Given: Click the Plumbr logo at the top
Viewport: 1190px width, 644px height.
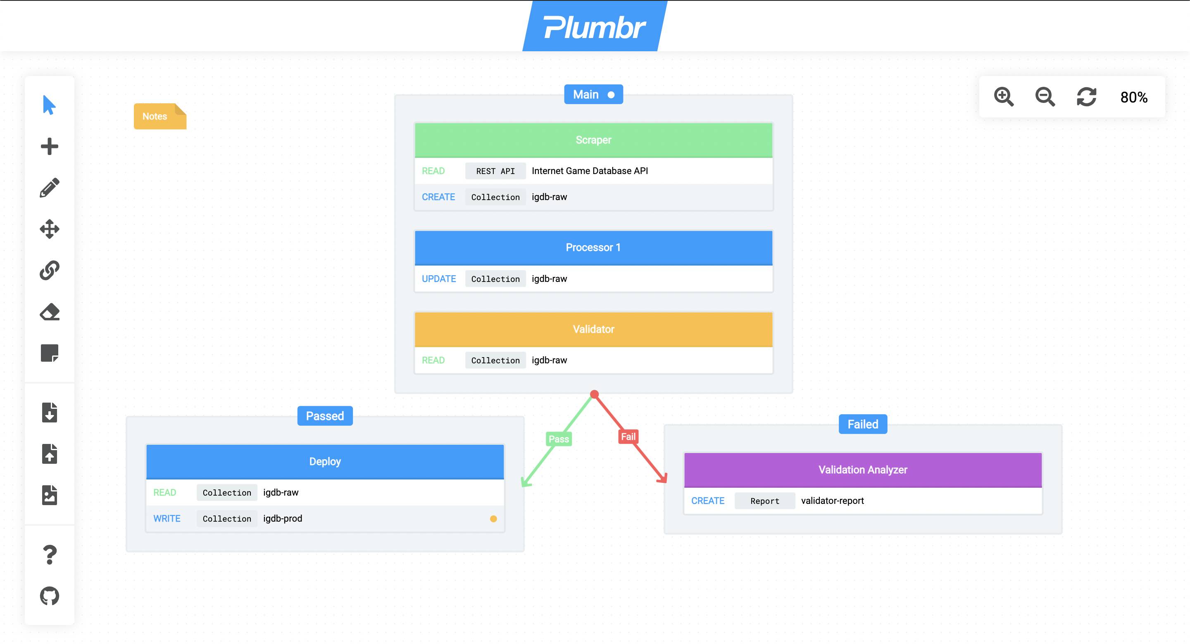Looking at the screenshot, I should tap(594, 27).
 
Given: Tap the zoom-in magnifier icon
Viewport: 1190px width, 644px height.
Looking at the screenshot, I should tap(1003, 97).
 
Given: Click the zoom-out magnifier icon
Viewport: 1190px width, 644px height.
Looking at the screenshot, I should tap(1045, 97).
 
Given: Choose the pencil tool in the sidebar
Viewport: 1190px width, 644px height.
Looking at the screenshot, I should tap(50, 188).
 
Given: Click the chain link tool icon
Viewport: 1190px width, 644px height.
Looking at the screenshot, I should tap(50, 270).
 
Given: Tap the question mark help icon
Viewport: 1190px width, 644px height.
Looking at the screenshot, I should tap(50, 554).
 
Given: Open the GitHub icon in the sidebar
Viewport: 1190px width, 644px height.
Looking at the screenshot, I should tap(50, 596).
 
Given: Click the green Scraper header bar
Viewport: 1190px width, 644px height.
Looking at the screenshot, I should tap(593, 140).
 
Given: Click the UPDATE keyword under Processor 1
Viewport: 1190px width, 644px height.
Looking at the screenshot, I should tap(438, 279).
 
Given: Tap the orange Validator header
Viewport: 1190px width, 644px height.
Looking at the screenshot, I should tap(593, 329).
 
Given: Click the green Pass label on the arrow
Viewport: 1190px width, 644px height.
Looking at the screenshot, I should tap(559, 439).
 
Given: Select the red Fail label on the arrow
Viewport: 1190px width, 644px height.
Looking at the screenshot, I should tap(628, 436).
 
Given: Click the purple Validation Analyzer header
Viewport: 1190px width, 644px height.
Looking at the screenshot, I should tap(862, 470).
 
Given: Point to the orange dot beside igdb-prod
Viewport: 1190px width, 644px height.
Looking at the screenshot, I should tap(493, 519).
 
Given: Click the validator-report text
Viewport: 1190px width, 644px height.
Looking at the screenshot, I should tap(832, 501).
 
